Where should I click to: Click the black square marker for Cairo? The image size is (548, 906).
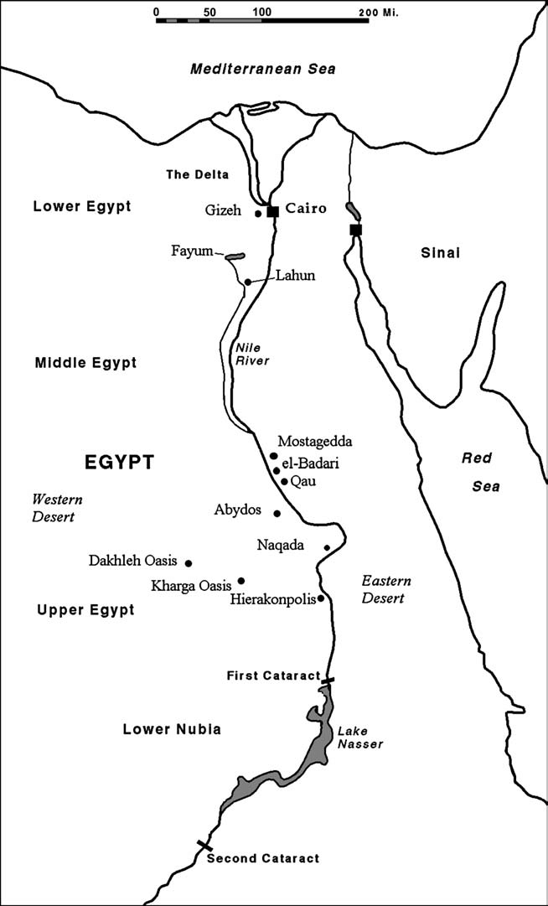coord(272,212)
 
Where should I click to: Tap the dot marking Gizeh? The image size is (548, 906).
coord(258,214)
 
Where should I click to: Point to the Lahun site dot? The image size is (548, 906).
coord(247,282)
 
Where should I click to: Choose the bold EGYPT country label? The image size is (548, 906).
coord(120,462)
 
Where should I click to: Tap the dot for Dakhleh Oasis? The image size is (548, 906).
coord(189,563)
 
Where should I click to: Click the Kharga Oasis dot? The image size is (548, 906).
coord(241,580)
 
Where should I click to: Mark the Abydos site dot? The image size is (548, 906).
coord(277,513)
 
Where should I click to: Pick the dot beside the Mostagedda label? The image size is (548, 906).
coord(273,456)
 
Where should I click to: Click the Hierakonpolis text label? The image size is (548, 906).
coord(273,599)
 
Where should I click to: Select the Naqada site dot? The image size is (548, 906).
coord(327,548)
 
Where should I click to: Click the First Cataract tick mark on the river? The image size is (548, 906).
coord(328,680)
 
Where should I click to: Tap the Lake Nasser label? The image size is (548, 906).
coord(353,737)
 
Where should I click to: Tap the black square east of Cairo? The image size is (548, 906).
coord(355,230)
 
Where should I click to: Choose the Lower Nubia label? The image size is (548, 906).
coord(172,729)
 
